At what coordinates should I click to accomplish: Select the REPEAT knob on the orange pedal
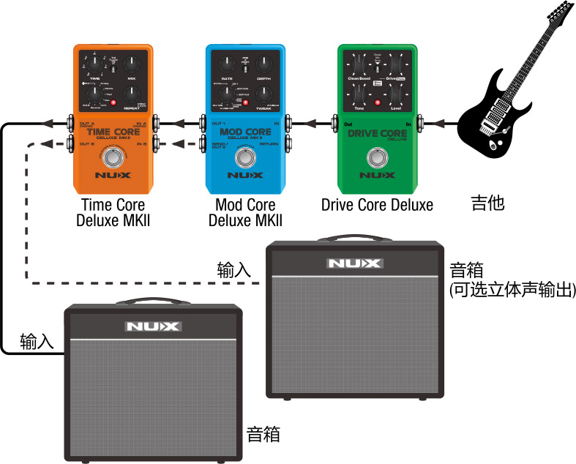pyautogui.click(x=131, y=93)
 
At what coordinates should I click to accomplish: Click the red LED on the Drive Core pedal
pyautogui.click(x=378, y=103)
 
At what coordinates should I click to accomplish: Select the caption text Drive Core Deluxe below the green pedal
pyautogui.click(x=377, y=205)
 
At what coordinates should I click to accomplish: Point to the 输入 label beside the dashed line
pyautogui.click(x=234, y=269)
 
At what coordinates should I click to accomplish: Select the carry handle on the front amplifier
pyautogui.click(x=152, y=302)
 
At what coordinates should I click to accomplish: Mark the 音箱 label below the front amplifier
pyautogui.click(x=263, y=434)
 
